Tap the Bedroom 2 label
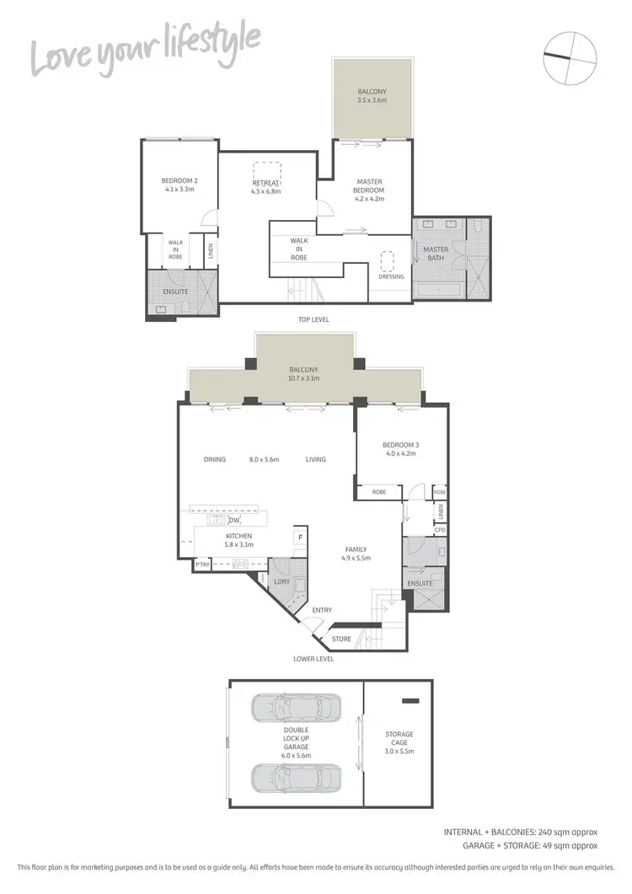[x=179, y=185]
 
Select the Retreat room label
[x=265, y=187]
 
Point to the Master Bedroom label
[x=369, y=190]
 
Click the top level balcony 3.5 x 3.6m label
[x=372, y=95]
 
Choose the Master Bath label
[x=436, y=254]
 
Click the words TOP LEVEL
[x=312, y=320]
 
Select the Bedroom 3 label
[x=399, y=448]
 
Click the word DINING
[x=216, y=459]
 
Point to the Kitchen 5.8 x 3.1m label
[x=238, y=540]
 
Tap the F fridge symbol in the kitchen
[x=297, y=537]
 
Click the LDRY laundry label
[x=281, y=581]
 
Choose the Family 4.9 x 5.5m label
[x=355, y=554]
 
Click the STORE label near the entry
[x=341, y=639]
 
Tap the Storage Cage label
[x=399, y=738]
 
